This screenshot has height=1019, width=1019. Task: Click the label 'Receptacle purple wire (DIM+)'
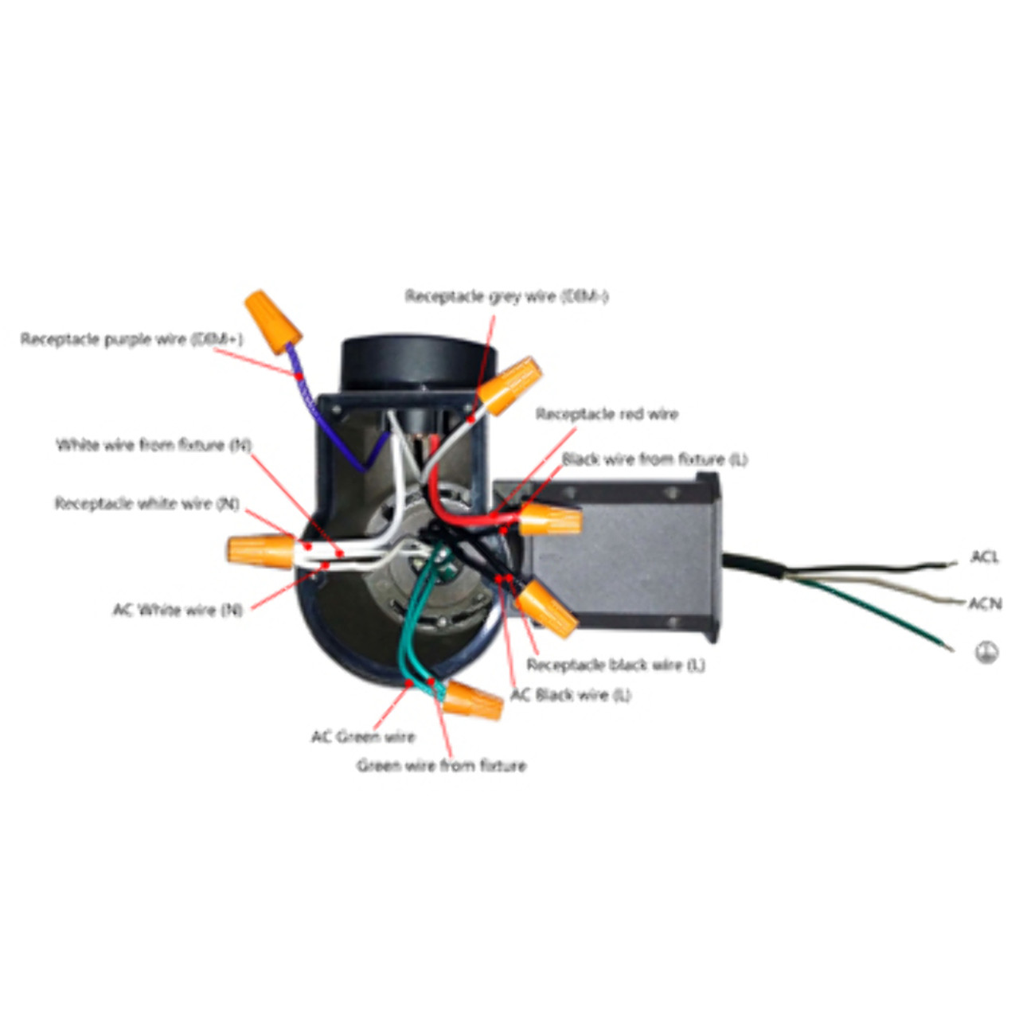pos(131,339)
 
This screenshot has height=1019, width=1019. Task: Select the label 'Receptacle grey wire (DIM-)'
pos(506,296)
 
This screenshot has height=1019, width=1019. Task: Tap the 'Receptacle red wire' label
pos(607,414)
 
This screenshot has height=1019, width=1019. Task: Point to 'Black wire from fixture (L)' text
pos(654,459)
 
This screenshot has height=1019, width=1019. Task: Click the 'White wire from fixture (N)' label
pos(154,444)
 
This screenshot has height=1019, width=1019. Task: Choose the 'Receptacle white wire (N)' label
pos(147,503)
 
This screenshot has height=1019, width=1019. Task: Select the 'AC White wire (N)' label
pos(178,610)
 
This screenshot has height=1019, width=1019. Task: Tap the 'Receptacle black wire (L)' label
pos(615,664)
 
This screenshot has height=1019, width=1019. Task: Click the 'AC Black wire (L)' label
pos(570,695)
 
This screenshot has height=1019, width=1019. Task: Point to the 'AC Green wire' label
pos(363,736)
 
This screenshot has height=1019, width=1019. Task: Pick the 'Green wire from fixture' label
pos(441,766)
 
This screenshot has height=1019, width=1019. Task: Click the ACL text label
pos(984,556)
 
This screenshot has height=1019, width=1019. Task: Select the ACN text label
pos(985,603)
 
